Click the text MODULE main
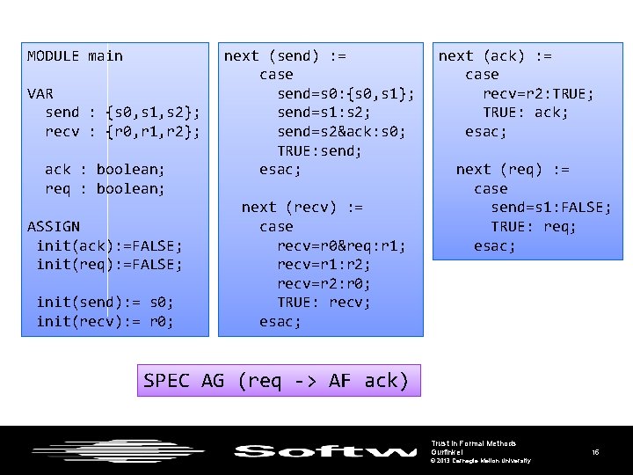[75, 56]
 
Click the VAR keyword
[40, 93]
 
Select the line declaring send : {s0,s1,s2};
[122, 113]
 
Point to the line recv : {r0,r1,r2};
[122, 132]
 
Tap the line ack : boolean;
[105, 170]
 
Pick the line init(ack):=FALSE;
[109, 245]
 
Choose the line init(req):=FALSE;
[109, 265]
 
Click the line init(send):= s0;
[105, 303]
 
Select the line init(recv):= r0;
[105, 322]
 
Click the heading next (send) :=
[285, 56]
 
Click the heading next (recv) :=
[302, 208]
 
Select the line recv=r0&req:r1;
[341, 245]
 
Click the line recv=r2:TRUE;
[538, 94]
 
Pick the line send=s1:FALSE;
[550, 208]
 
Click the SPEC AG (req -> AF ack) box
[276, 381]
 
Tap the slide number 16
[595, 452]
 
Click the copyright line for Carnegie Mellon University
[480, 461]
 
